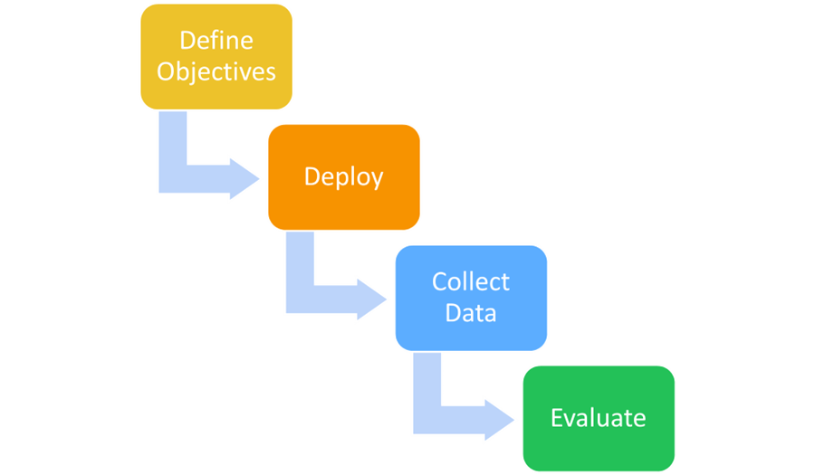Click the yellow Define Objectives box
click(216, 55)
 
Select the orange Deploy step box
click(343, 176)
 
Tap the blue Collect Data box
click(471, 297)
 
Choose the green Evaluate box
click(599, 418)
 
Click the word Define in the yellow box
click(216, 41)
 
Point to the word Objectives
click(216, 71)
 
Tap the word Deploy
click(343, 176)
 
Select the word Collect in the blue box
click(471, 281)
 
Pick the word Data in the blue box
click(471, 313)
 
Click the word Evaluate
click(599, 418)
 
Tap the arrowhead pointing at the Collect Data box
click(372, 299)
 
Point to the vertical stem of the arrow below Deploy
click(300, 266)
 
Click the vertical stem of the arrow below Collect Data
click(427, 386)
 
